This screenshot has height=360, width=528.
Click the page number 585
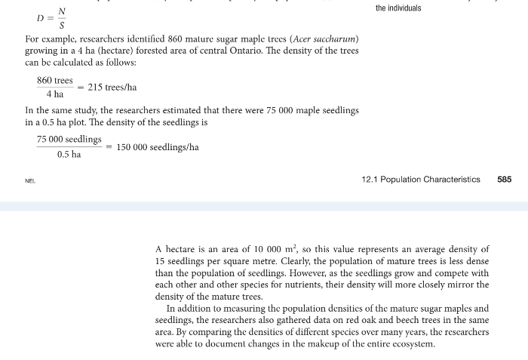tap(505, 180)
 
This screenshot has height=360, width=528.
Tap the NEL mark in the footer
tap(29, 181)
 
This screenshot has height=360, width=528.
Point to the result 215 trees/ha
tap(112, 88)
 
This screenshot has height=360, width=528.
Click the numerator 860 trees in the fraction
tap(55, 80)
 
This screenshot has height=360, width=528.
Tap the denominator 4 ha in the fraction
tap(54, 94)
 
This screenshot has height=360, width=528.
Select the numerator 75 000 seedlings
tap(69, 140)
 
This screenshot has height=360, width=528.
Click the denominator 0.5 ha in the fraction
tap(69, 155)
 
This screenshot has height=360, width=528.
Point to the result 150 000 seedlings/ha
tap(158, 148)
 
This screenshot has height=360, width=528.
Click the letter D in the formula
tap(40, 17)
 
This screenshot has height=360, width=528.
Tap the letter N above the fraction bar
tap(62, 11)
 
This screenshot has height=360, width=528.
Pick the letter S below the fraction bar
tap(62, 24)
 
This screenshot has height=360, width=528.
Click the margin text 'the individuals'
tap(398, 8)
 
